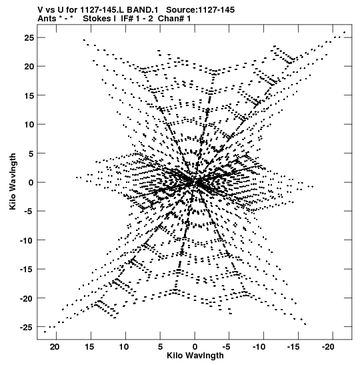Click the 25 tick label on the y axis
[x=29, y=38]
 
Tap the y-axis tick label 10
[x=29, y=124]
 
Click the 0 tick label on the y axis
[x=31, y=183]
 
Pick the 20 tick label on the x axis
[x=55, y=347]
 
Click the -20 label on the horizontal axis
[x=328, y=347]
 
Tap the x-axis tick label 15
[x=89, y=347]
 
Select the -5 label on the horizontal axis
[x=227, y=347]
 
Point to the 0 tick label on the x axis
[x=195, y=347]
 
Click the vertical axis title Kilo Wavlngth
[x=13, y=181]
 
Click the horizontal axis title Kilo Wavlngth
[x=195, y=356]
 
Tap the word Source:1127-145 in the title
[x=201, y=10]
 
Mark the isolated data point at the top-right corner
[x=345, y=32]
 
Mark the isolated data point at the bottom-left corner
[x=45, y=332]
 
